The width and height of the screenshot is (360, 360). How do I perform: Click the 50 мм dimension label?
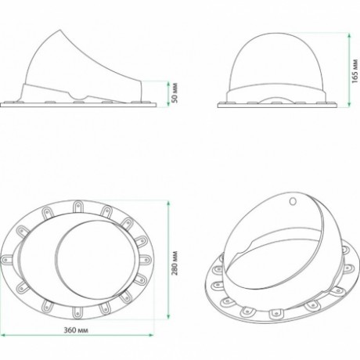(x=175, y=92)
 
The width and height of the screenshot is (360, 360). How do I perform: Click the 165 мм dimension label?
(x=355, y=71)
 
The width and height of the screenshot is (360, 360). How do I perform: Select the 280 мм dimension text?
(x=175, y=263)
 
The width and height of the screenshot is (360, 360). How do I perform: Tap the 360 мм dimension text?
(x=76, y=330)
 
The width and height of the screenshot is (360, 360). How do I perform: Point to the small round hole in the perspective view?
(x=293, y=201)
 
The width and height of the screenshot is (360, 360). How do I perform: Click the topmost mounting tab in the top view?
(x=77, y=207)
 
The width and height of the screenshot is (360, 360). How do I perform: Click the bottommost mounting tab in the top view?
(x=77, y=311)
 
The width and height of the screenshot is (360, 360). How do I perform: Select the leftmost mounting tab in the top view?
(x=7, y=259)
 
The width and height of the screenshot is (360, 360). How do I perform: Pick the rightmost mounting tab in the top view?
(x=145, y=259)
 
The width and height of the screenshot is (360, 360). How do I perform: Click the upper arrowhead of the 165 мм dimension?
(x=349, y=35)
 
